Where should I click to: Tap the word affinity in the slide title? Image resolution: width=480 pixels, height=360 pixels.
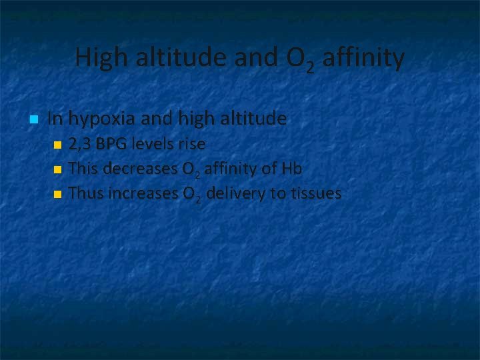point(363,59)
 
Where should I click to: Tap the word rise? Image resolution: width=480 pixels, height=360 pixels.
point(191,144)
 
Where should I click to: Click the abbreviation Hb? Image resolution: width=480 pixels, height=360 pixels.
point(292,169)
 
